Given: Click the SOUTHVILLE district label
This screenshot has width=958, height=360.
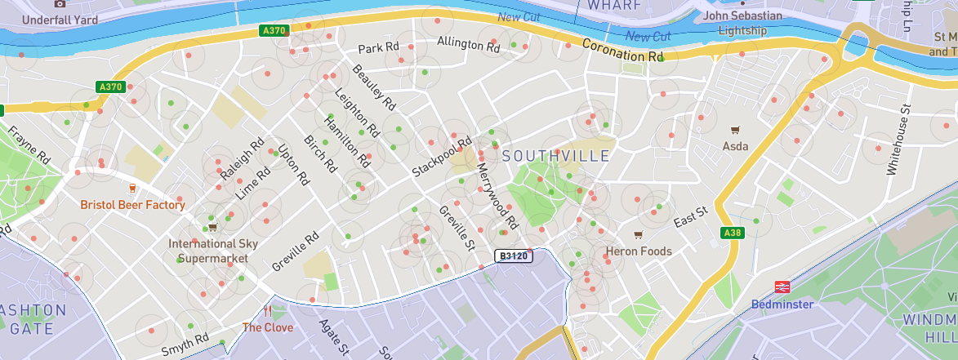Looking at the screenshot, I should (x=555, y=155).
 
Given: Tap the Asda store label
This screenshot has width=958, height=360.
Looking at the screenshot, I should (x=735, y=147).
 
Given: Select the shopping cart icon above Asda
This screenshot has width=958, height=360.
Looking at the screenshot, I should (x=735, y=129).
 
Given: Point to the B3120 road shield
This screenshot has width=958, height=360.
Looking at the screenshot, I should (x=515, y=256).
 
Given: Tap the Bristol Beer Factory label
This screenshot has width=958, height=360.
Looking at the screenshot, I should (x=132, y=205).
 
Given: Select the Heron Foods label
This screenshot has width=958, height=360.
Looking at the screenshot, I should (x=639, y=251).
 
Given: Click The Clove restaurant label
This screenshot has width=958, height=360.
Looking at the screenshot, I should (x=267, y=327).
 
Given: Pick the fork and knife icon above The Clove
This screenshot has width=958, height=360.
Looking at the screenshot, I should (x=267, y=311).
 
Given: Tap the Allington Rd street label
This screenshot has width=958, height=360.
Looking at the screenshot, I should (x=468, y=44).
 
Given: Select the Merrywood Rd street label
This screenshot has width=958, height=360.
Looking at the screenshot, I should (x=497, y=196).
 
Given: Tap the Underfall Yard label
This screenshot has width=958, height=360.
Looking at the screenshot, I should (x=60, y=20).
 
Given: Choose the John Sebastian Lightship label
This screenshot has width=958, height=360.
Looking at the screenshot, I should (x=743, y=23).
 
